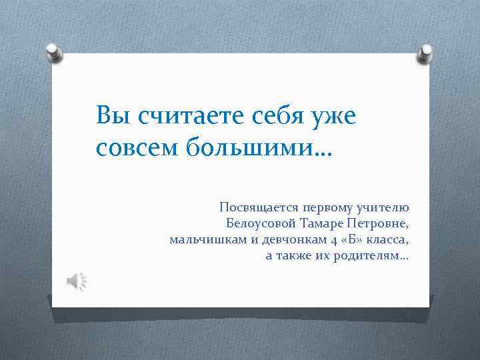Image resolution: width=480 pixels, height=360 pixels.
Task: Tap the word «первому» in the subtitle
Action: [x=327, y=209]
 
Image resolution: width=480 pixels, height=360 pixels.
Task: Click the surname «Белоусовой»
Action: [x=261, y=223]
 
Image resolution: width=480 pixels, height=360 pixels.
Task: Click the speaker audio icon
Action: [x=75, y=282]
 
